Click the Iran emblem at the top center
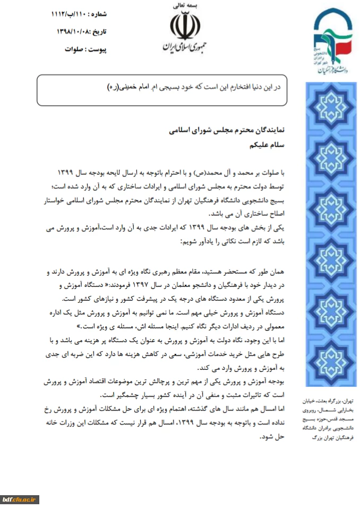click(183, 25)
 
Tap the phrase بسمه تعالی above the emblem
click(183, 6)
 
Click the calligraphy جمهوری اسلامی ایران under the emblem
click(183, 47)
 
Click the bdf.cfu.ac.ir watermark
click(20, 499)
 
